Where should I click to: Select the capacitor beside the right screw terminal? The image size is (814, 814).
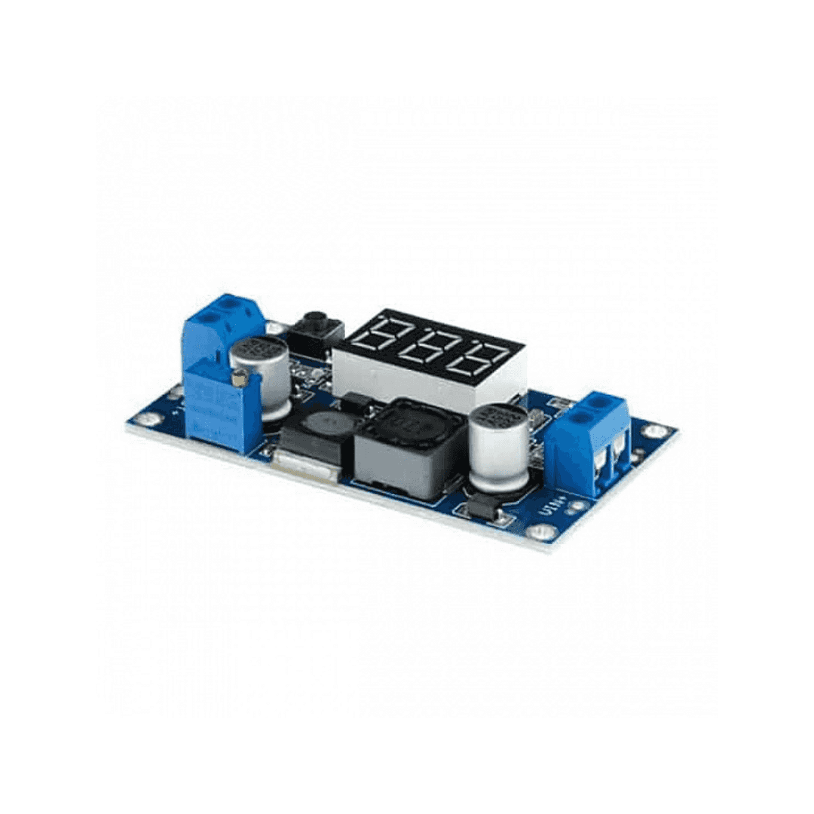tap(499, 446)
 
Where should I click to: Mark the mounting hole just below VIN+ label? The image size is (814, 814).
tap(542, 532)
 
